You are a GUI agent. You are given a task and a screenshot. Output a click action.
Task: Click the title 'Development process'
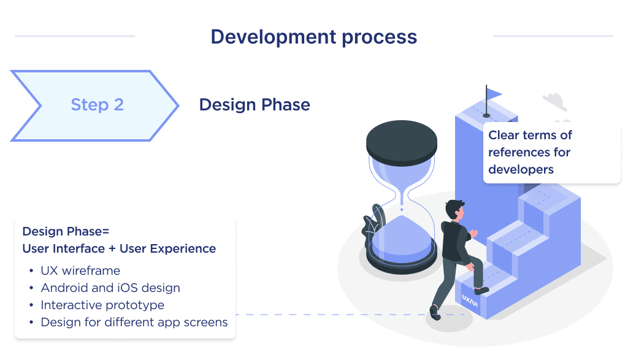pyautogui.click(x=313, y=37)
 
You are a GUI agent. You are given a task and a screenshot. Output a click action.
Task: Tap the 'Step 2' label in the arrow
pyautogui.click(x=97, y=105)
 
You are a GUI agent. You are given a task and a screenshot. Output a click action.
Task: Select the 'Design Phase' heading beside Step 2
pyautogui.click(x=255, y=105)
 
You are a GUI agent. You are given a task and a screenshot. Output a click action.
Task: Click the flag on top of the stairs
pyautogui.click(x=492, y=94)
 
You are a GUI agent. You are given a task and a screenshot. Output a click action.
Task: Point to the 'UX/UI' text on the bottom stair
pyautogui.click(x=470, y=300)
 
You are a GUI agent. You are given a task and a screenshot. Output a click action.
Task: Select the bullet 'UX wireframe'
pyautogui.click(x=80, y=270)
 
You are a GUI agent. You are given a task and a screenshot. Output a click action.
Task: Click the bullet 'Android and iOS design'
pyautogui.click(x=110, y=288)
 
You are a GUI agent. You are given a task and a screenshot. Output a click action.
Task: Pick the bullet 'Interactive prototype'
pyautogui.click(x=102, y=305)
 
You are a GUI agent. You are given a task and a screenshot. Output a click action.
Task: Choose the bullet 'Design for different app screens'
pyautogui.click(x=134, y=322)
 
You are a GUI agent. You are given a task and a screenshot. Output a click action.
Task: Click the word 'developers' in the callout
pyautogui.click(x=521, y=169)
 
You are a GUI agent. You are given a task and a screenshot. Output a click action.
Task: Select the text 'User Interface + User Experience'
pyautogui.click(x=119, y=248)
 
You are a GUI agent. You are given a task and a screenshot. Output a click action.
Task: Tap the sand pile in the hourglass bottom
pyautogui.click(x=402, y=230)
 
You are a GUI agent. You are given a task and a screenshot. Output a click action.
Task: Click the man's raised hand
pyautogui.click(x=473, y=233)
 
